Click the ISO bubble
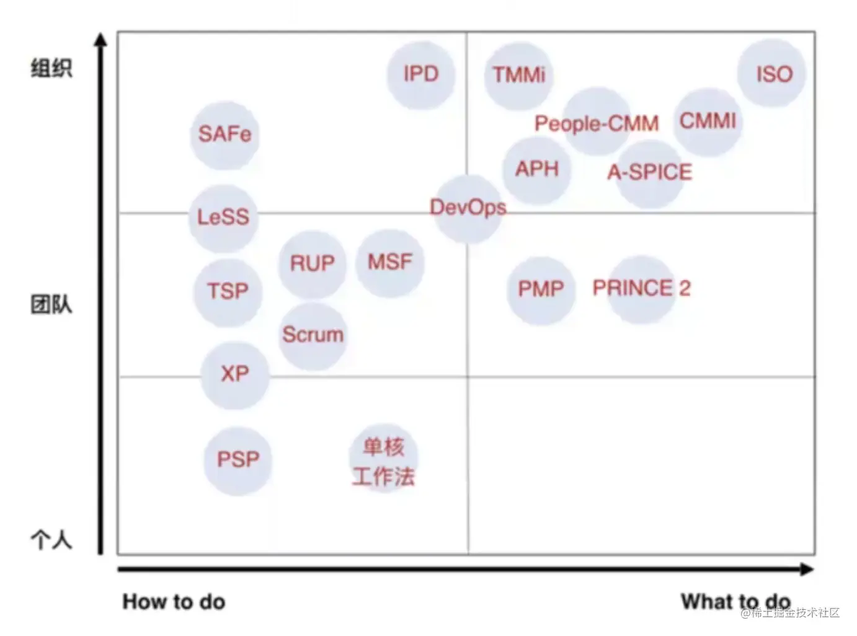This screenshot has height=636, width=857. pyautogui.click(x=771, y=74)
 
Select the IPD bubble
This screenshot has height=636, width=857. pyautogui.click(x=421, y=74)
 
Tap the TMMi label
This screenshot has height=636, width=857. pyautogui.click(x=519, y=75)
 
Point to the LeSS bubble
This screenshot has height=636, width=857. pyautogui.click(x=223, y=218)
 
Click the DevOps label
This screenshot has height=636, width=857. pyautogui.click(x=468, y=208)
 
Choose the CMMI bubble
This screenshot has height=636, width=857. pyautogui.click(x=708, y=121)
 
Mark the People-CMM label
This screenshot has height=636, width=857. pyautogui.click(x=597, y=123)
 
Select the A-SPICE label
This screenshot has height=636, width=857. pyautogui.click(x=649, y=172)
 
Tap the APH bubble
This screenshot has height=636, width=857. pyautogui.click(x=537, y=169)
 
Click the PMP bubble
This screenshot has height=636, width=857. pyautogui.click(x=541, y=289)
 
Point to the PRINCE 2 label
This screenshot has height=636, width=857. pyautogui.click(x=641, y=288)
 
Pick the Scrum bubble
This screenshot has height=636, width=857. pyautogui.click(x=313, y=335)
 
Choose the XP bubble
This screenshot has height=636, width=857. pyautogui.click(x=235, y=374)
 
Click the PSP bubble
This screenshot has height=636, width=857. pyautogui.click(x=238, y=460)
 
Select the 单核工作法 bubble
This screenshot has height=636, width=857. pyautogui.click(x=384, y=461)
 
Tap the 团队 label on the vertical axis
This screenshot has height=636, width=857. pyautogui.click(x=51, y=304)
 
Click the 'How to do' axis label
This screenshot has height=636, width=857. pyautogui.click(x=174, y=601)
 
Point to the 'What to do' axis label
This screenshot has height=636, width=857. pyautogui.click(x=735, y=601)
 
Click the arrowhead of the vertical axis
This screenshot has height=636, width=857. pyautogui.click(x=100, y=40)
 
